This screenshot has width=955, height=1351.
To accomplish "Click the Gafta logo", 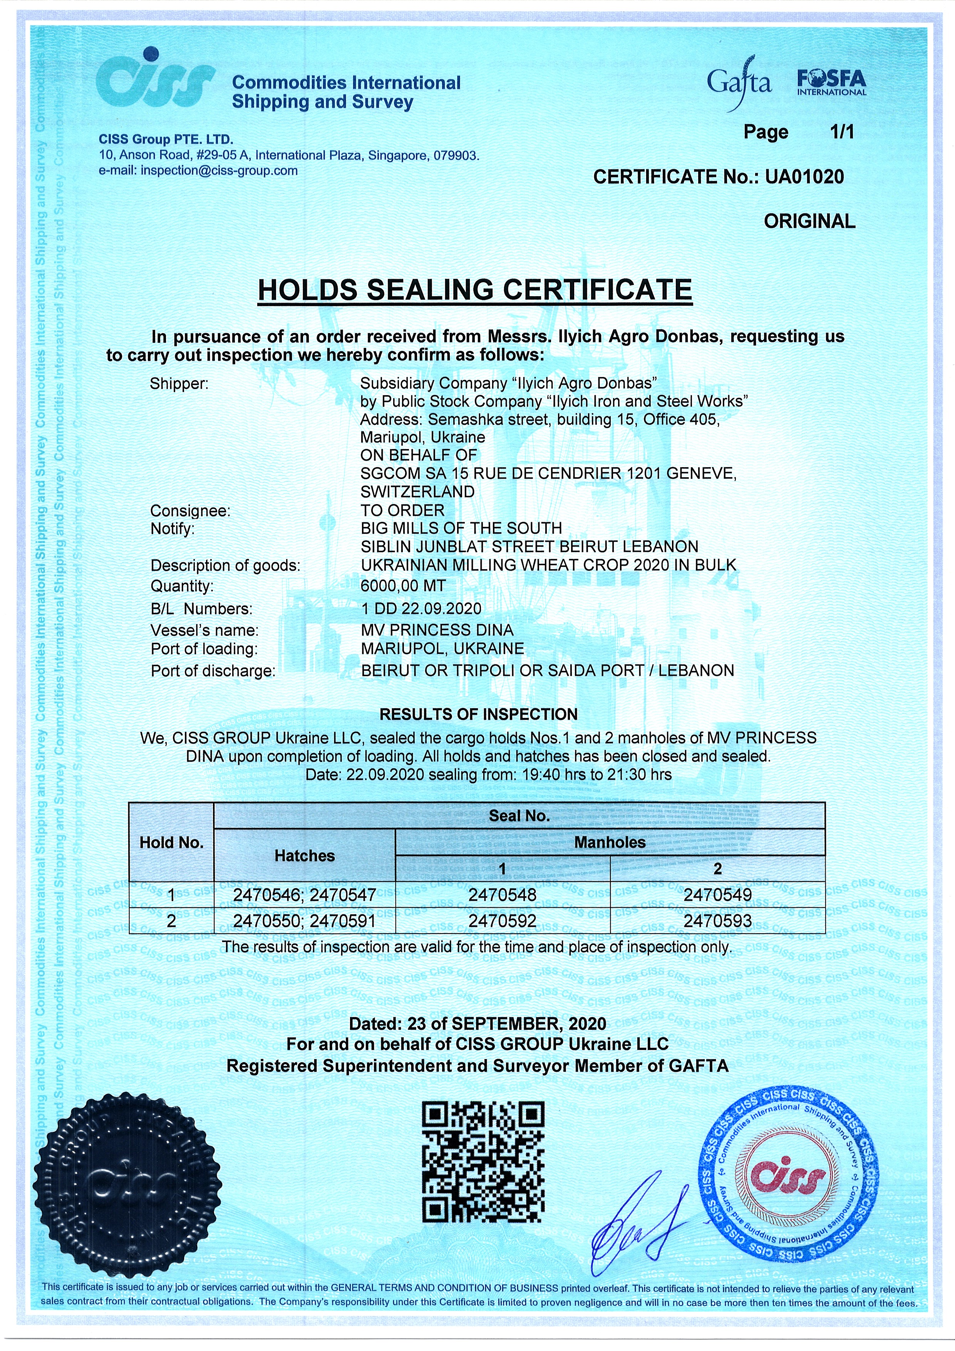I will tap(739, 84).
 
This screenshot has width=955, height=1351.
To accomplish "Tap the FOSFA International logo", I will tap(831, 83).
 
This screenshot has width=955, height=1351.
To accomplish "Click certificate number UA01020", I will tap(804, 176).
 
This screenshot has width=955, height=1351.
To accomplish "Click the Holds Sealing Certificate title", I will tap(475, 290).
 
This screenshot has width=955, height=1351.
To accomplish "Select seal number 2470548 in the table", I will tap(503, 895).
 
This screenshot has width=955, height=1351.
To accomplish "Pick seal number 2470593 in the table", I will tap(717, 921).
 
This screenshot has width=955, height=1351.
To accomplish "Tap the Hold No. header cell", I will tap(171, 843).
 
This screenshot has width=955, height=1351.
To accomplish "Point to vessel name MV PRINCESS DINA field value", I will tap(437, 630).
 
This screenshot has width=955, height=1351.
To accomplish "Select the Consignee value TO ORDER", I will tap(402, 510).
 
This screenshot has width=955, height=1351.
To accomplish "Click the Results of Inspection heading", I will tap(478, 714).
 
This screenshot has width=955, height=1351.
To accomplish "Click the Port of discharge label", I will tap(213, 671).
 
